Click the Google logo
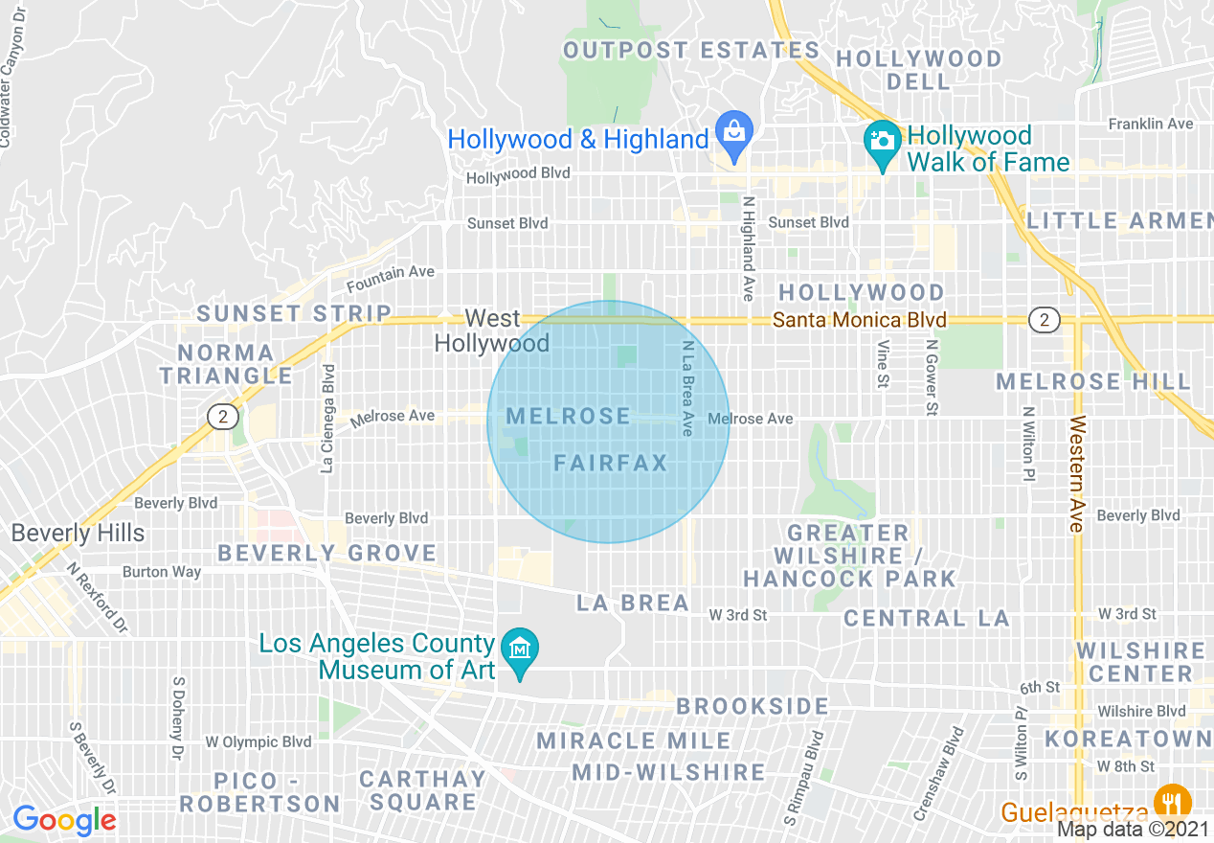64,820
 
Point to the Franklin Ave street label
1150,124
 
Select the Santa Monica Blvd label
859,320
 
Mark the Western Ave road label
1077,473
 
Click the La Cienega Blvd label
328,419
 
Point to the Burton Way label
162,572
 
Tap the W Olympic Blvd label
259,741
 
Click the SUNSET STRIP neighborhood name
294,313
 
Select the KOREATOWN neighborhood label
1128,739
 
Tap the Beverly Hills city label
79,533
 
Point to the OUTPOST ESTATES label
691,50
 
